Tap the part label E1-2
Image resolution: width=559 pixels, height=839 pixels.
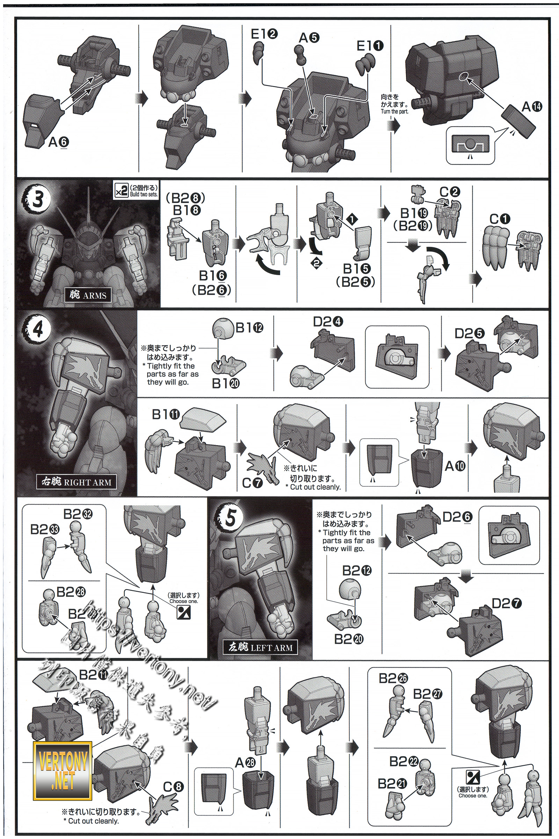tap(264, 34)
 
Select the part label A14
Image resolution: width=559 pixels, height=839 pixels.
tap(531, 106)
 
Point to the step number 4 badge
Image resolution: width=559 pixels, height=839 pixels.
tap(37, 329)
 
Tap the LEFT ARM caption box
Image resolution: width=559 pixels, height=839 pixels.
tap(260, 647)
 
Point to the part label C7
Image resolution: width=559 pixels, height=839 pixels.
tap(252, 483)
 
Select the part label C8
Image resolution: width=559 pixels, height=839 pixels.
tap(173, 787)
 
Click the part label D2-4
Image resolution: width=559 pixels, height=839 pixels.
tap(328, 322)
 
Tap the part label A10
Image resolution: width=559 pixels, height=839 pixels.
tap(455, 466)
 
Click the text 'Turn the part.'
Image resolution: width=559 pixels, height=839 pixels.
tap(394, 111)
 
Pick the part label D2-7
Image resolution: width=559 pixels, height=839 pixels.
tap(507, 604)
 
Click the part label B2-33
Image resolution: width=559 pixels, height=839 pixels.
tap(45, 529)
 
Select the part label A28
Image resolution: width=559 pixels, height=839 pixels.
tap(245, 763)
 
